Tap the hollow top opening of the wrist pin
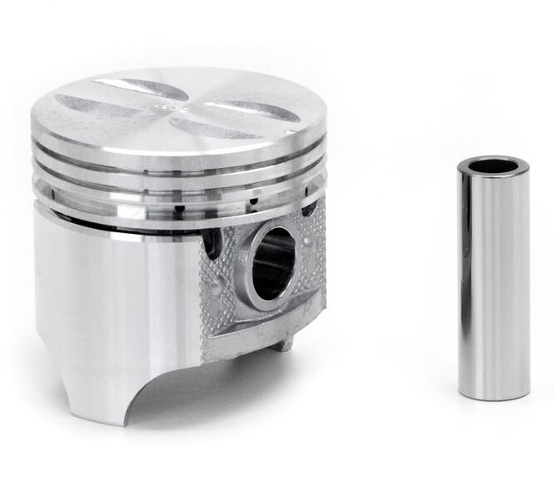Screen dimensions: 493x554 pos(493,165)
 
